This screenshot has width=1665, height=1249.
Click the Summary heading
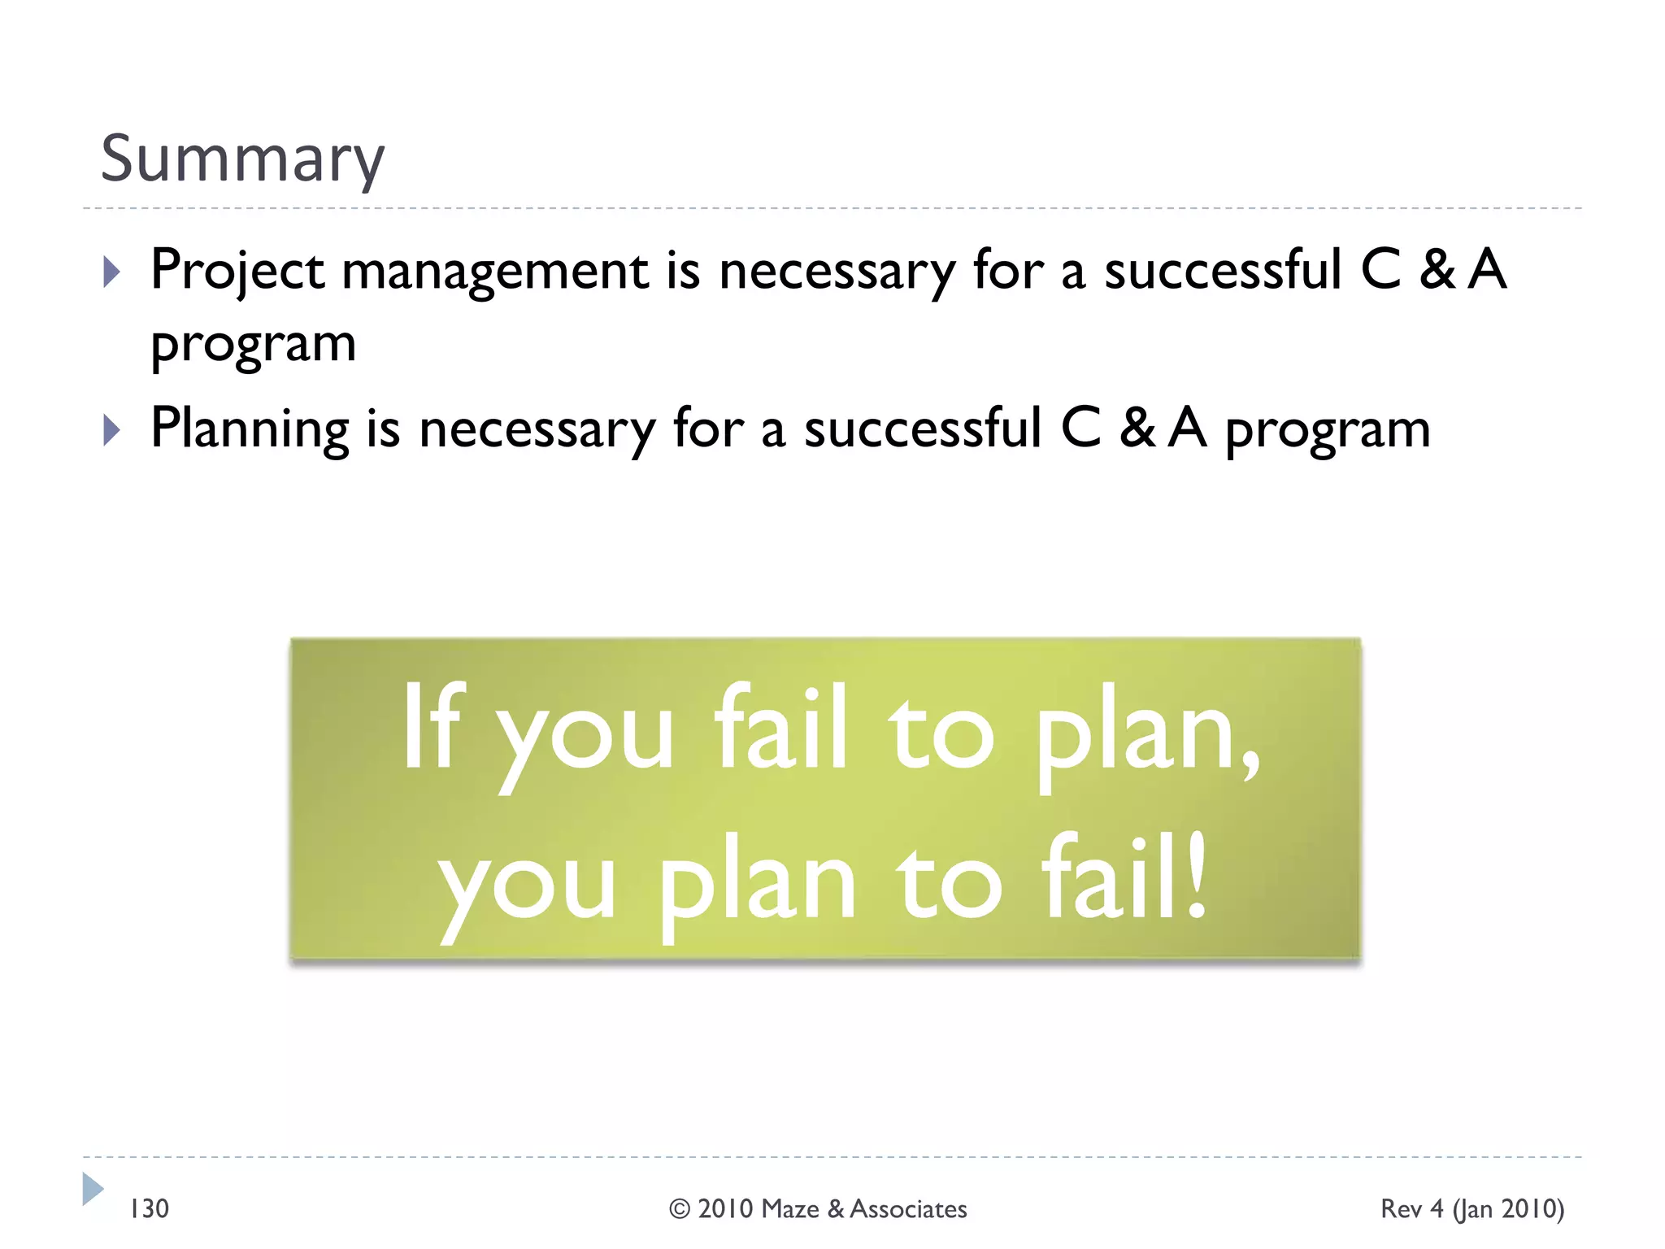[x=241, y=159]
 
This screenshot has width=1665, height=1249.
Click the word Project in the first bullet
[x=237, y=270]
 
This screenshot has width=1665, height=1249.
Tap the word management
[x=495, y=272]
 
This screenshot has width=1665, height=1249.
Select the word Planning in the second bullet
[x=250, y=429]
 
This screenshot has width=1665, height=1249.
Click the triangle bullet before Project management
[x=112, y=272]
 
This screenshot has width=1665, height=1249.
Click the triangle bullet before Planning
[x=112, y=430]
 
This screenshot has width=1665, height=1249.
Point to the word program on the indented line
[x=254, y=345]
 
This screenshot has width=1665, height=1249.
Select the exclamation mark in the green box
[x=1195, y=879]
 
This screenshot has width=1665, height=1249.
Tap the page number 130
[x=150, y=1209]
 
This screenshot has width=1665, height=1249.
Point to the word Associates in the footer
[x=908, y=1209]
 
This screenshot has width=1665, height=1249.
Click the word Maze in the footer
[x=790, y=1209]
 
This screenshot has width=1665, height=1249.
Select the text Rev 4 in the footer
[x=1411, y=1209]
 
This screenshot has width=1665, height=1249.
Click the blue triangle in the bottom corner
[x=93, y=1189]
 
